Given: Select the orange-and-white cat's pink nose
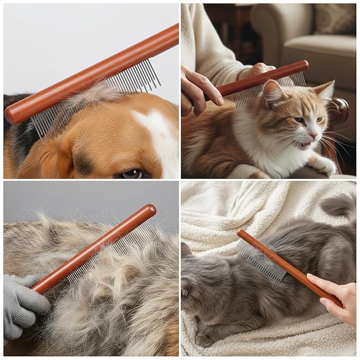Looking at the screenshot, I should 314,136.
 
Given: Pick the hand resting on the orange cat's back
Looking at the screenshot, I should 199,93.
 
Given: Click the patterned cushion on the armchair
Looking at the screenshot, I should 334,18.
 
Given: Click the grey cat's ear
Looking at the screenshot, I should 186,250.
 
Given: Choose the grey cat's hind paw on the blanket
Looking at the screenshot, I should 204,340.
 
